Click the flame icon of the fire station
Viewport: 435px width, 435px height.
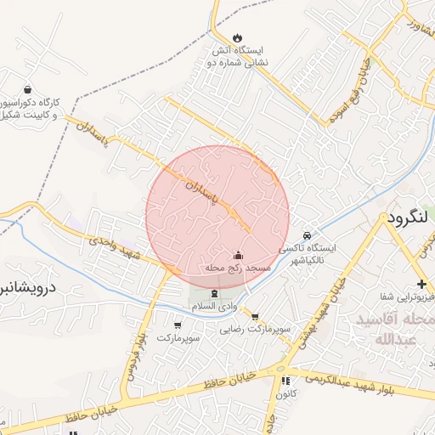tap(238, 37)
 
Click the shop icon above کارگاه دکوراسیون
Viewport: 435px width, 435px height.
tap(28, 89)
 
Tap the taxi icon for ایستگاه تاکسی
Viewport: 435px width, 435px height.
tap(307, 235)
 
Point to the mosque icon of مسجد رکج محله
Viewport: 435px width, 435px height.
tap(238, 255)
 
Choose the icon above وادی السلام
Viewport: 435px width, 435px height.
tap(213, 293)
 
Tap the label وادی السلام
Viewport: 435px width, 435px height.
tap(213, 305)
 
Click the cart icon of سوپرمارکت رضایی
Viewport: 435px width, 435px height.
tap(254, 316)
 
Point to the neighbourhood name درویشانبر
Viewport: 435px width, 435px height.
tap(27, 288)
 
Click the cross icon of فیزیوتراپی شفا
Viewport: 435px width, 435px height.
tap(421, 284)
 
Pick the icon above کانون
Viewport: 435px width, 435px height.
tap(285, 381)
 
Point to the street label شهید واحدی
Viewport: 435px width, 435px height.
tap(117, 244)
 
